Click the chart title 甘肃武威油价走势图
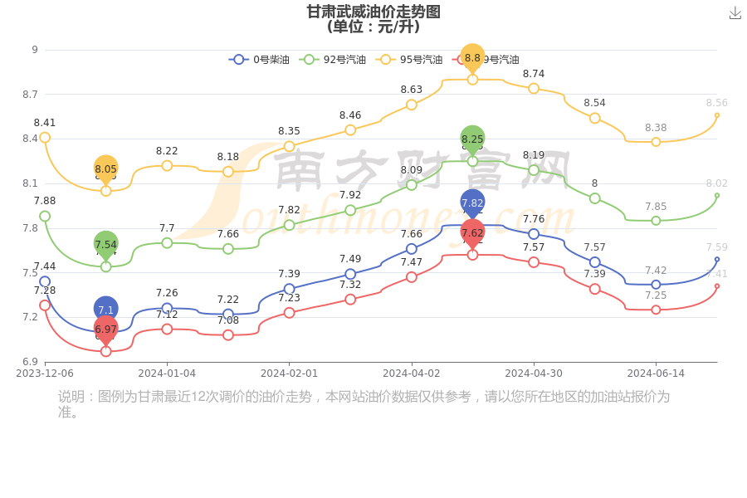[x=373, y=12]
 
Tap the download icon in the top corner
[x=735, y=13]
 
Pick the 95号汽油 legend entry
[x=410, y=60]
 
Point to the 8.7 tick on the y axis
[x=30, y=95]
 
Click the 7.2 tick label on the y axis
[x=30, y=317]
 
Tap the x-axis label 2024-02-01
[x=289, y=373]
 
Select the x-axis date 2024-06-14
[x=656, y=373]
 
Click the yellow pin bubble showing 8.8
[x=472, y=58]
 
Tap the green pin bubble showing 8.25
[x=472, y=139]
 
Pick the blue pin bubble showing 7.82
[x=472, y=203]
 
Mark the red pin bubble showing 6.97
[x=105, y=330]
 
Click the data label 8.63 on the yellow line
[x=412, y=90]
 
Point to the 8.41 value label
[x=45, y=123]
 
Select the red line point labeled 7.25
[x=656, y=310]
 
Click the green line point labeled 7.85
[x=656, y=221]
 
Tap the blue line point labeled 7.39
[x=289, y=289]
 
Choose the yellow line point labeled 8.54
[x=595, y=118]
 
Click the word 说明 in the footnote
[x=72, y=397]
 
